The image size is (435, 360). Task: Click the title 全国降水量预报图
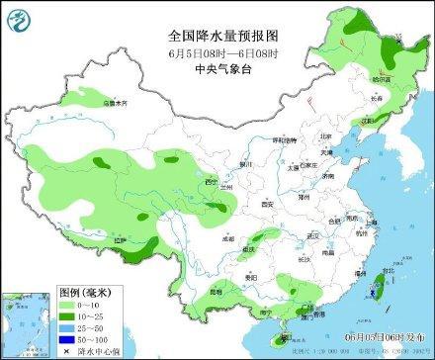[217, 34]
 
